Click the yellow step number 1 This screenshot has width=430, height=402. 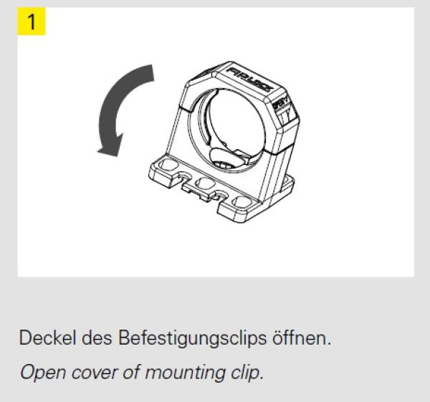(x=32, y=22)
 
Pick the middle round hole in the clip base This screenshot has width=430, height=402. (x=206, y=184)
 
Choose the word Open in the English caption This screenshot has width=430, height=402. (x=37, y=373)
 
